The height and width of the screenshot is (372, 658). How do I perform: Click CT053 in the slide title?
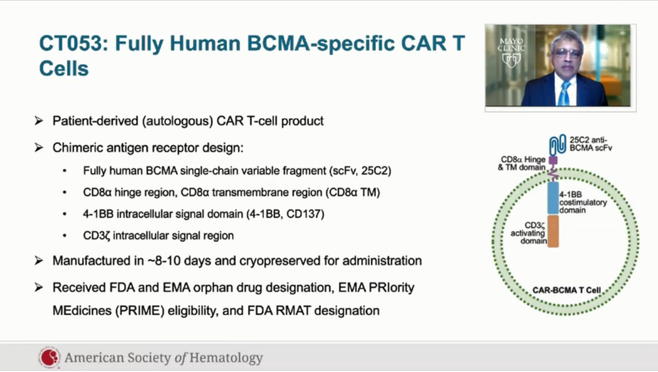(x=70, y=43)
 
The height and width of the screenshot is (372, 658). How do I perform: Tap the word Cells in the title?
(x=64, y=68)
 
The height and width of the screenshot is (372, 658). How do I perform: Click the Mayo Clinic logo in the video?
(x=511, y=52)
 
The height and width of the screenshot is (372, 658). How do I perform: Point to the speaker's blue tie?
(x=564, y=93)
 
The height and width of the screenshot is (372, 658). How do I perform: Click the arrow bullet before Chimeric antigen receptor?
(x=39, y=147)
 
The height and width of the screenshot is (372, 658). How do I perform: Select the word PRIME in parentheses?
(x=141, y=311)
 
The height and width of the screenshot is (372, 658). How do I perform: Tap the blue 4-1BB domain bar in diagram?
(x=553, y=198)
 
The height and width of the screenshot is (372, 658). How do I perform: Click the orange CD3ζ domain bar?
(x=553, y=231)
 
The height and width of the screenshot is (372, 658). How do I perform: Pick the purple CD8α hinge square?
(x=553, y=160)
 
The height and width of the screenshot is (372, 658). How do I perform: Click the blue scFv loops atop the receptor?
(x=557, y=145)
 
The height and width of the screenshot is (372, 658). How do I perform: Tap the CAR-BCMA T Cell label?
(x=567, y=290)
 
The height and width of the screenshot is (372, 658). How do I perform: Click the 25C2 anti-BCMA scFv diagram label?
(x=590, y=144)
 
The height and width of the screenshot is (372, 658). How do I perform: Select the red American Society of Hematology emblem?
(x=49, y=358)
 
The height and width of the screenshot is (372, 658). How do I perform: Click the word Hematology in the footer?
(x=226, y=358)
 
